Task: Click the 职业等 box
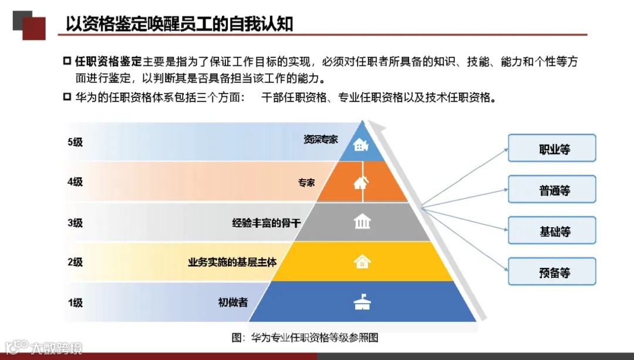[x=552, y=148]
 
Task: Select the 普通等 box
[x=552, y=189]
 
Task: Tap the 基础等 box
[x=552, y=230]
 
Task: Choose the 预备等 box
[x=552, y=271]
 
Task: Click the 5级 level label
[x=75, y=142]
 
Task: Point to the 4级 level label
[x=75, y=182]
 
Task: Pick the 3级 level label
[x=75, y=223]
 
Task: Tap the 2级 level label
[x=75, y=263]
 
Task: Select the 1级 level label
[x=75, y=303]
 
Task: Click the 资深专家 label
[x=321, y=140]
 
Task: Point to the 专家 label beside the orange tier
[x=306, y=183]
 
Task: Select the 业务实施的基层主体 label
[x=232, y=262]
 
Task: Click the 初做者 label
[x=232, y=303]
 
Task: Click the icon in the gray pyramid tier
[x=362, y=222]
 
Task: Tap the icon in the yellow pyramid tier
[x=362, y=261]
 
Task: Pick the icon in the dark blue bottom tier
[x=362, y=302]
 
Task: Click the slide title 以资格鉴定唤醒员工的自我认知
[x=180, y=24]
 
